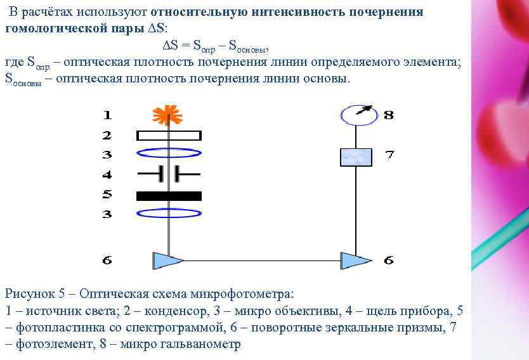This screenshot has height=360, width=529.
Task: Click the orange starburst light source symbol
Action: (x=167, y=115)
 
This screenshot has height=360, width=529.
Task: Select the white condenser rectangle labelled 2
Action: (x=169, y=135)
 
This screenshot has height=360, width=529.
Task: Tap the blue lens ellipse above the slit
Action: (x=169, y=153)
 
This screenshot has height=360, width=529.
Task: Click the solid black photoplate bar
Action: (x=169, y=196)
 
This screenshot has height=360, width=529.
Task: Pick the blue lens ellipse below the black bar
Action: (x=169, y=214)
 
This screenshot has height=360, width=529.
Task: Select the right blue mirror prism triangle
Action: (x=355, y=260)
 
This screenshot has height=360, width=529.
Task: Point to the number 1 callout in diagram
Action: (x=107, y=115)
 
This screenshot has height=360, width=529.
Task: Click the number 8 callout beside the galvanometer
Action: (x=388, y=115)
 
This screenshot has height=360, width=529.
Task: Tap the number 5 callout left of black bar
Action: (x=107, y=194)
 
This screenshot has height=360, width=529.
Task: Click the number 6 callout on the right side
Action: (x=388, y=260)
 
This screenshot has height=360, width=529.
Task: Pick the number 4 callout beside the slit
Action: (x=107, y=174)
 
